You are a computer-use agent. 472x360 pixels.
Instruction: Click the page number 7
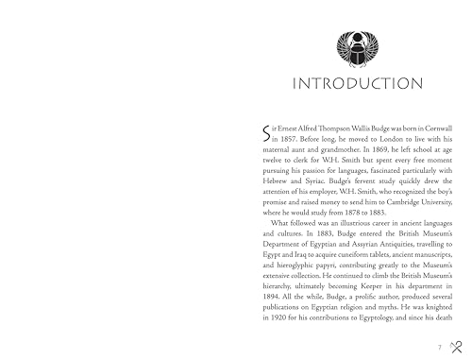click(x=442, y=348)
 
